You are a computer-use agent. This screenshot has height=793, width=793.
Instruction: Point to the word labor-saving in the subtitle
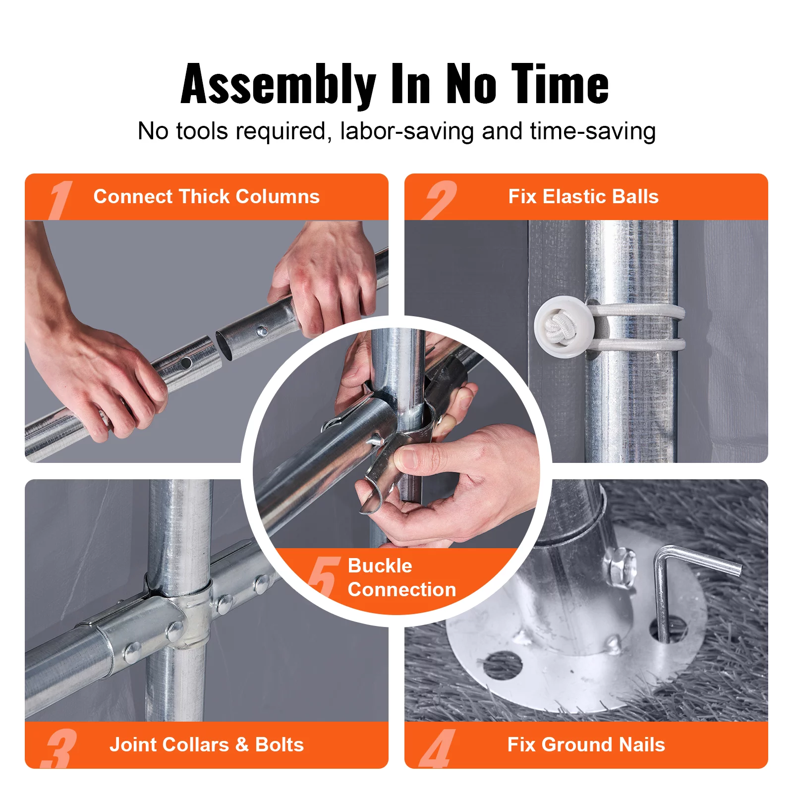407,131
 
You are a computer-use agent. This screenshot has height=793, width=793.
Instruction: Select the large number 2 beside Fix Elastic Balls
439,199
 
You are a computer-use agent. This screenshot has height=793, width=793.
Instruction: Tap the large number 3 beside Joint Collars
60,748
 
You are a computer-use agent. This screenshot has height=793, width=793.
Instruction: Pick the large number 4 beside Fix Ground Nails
438,748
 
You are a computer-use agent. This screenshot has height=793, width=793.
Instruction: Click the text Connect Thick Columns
207,196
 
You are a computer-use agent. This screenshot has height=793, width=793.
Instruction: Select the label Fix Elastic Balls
583,196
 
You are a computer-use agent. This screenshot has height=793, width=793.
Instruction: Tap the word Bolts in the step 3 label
280,744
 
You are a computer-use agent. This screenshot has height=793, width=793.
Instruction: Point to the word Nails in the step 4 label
642,744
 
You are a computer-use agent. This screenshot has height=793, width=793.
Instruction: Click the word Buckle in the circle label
380,566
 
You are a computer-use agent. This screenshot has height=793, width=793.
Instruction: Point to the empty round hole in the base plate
502,665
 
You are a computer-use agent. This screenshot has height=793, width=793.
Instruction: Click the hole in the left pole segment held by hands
187,363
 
